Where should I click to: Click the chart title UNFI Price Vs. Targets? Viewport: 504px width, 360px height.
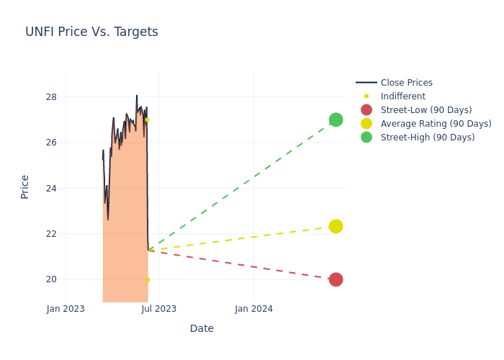(x=91, y=32)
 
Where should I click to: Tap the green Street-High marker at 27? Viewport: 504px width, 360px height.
(x=336, y=120)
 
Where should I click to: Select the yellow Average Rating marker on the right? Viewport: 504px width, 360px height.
(x=336, y=226)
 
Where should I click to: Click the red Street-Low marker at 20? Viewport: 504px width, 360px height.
(x=336, y=279)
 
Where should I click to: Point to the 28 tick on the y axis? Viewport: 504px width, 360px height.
(x=51, y=97)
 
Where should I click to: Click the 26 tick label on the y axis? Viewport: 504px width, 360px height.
(x=51, y=143)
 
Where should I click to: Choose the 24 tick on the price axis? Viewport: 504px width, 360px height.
(x=51, y=189)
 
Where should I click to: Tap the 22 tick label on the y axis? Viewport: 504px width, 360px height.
(x=51, y=234)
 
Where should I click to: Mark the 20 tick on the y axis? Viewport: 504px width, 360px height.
(x=51, y=279)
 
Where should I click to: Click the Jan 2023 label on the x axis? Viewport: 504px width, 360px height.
(x=66, y=309)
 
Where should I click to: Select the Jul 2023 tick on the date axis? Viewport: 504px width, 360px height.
(x=159, y=309)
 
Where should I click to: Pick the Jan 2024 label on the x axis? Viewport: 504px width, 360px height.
(x=254, y=309)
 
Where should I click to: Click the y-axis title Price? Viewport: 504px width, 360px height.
(x=25, y=186)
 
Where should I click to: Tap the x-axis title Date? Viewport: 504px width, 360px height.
(x=202, y=329)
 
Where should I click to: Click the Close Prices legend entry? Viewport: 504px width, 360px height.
(x=406, y=83)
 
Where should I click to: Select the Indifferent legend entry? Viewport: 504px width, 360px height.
(x=402, y=96)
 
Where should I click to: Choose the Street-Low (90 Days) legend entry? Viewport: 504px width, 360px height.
(x=426, y=110)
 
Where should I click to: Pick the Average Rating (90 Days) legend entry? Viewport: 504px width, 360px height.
(x=436, y=124)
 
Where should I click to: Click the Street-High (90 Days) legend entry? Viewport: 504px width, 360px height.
(x=427, y=138)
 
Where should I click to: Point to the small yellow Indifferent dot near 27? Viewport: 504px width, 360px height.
(x=148, y=120)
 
